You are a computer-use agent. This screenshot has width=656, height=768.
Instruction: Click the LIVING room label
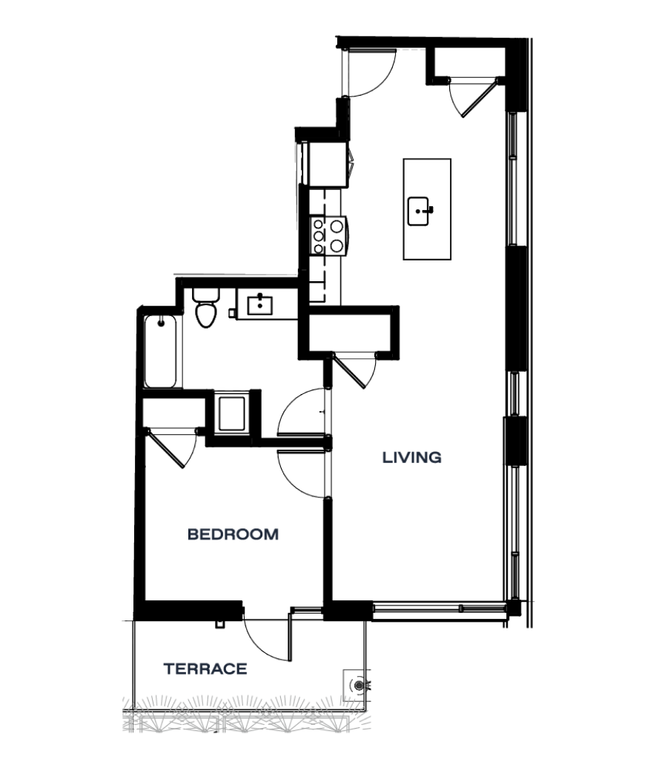pyautogui.click(x=411, y=458)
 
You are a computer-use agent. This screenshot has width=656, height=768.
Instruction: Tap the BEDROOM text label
pyautogui.click(x=233, y=534)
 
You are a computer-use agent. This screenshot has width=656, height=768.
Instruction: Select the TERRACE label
pyautogui.click(x=205, y=669)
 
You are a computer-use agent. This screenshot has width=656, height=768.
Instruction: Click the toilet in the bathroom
pyautogui.click(x=205, y=308)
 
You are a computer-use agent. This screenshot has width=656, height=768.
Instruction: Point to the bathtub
pyautogui.click(x=161, y=351)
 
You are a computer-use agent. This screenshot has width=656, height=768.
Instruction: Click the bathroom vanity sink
pyautogui.click(x=261, y=304)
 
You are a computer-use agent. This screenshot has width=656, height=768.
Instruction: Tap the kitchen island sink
pyautogui.click(x=420, y=211)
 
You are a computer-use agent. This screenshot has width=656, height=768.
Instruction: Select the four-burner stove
pyautogui.click(x=328, y=234)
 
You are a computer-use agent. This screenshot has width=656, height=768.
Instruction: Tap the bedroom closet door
pyautogui.click(x=172, y=447)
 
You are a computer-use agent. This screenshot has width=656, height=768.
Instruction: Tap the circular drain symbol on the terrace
pyautogui.click(x=360, y=685)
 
